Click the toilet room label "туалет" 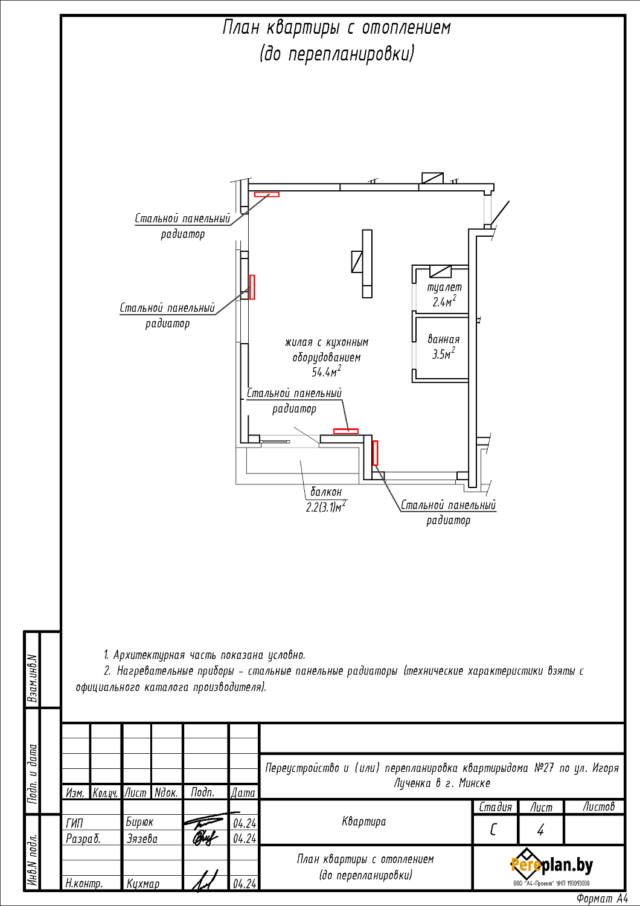(444, 288)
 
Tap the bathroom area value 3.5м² (443, 354)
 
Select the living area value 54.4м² (326, 371)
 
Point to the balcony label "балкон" (326, 492)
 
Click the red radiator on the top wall (266, 194)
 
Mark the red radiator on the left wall (252, 287)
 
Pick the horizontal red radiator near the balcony (346, 431)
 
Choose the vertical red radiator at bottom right (375, 452)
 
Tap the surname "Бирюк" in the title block (139, 822)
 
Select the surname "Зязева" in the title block (142, 838)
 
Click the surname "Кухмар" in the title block (143, 884)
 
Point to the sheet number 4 (540, 830)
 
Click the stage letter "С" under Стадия (493, 830)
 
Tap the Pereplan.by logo (551, 866)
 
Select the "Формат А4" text (601, 899)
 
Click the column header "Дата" (243, 792)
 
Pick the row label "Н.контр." (84, 884)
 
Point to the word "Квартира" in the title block (363, 821)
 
